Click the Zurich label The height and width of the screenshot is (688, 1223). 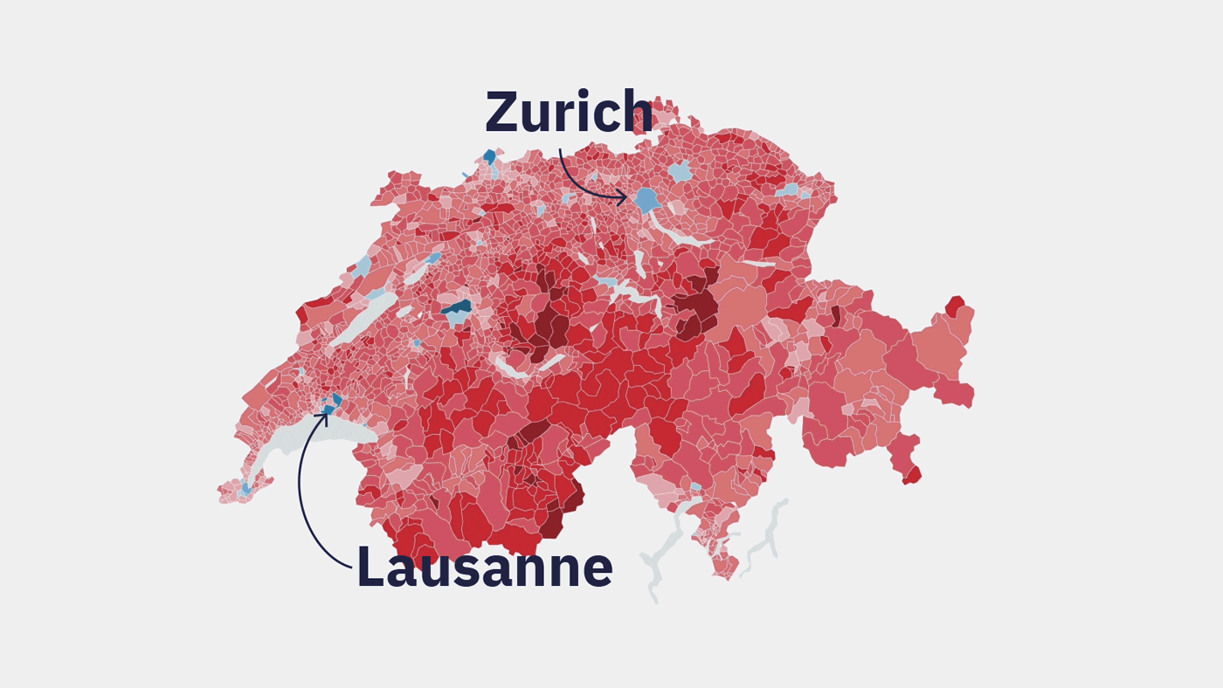569,112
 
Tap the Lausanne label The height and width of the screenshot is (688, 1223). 484,568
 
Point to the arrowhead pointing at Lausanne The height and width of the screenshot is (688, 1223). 324,416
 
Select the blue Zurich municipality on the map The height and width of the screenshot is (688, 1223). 646,200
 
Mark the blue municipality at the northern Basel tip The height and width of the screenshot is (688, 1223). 489,156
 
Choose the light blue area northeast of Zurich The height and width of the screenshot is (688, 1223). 681,171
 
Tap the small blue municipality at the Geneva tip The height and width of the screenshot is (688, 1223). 245,489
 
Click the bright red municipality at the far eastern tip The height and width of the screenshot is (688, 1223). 955,306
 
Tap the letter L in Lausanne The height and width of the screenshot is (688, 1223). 370,568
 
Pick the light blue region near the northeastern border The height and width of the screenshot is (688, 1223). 787,189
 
